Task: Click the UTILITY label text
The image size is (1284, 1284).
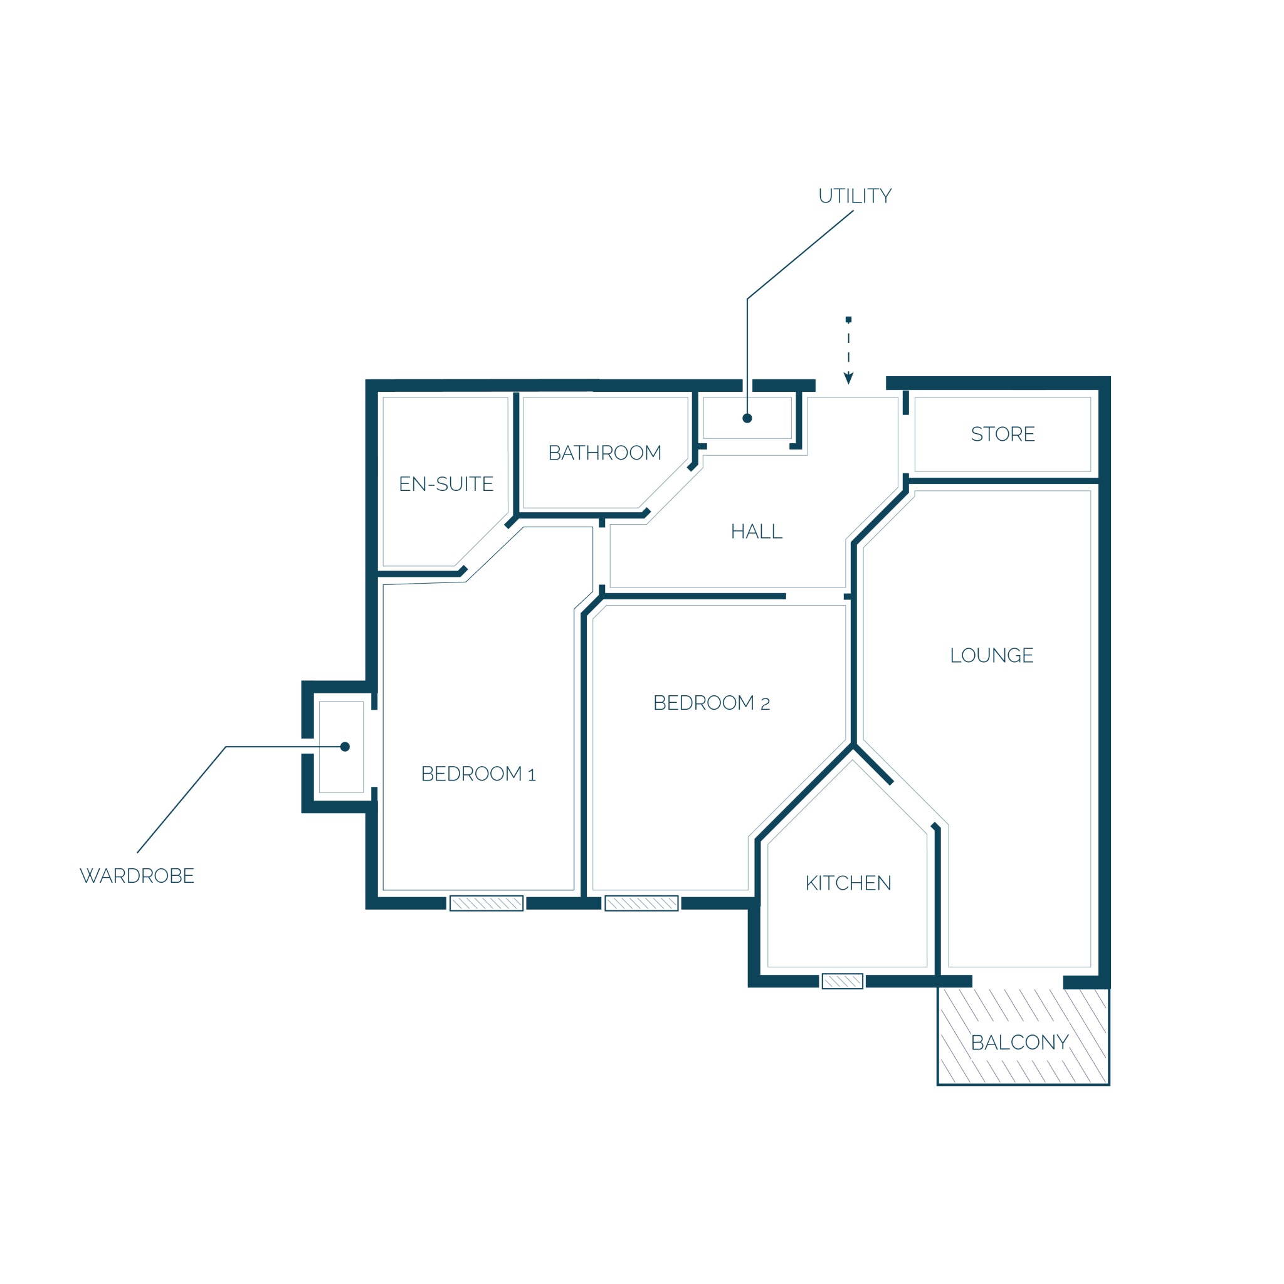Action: (x=855, y=196)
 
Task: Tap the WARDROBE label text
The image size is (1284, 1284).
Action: (x=137, y=876)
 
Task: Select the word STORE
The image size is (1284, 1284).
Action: (x=1003, y=434)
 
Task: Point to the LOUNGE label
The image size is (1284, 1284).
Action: (x=992, y=655)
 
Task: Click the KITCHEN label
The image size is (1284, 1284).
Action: (x=848, y=883)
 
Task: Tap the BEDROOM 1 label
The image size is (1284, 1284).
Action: (x=478, y=774)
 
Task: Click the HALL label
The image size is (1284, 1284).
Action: (x=756, y=532)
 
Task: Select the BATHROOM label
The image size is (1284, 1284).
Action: (x=605, y=453)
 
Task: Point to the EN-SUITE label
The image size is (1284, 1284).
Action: (x=446, y=484)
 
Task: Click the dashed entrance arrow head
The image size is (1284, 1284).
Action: (x=849, y=378)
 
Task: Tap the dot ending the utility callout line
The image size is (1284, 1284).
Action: (x=747, y=418)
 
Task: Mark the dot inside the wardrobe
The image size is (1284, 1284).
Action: (x=345, y=746)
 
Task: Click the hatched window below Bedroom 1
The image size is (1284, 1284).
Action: (x=487, y=903)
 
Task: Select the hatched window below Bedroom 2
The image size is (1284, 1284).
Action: (x=641, y=903)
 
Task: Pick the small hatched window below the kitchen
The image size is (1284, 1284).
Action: (x=843, y=981)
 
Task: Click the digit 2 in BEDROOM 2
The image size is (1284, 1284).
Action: (x=766, y=705)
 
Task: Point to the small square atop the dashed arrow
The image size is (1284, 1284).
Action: (x=849, y=320)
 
